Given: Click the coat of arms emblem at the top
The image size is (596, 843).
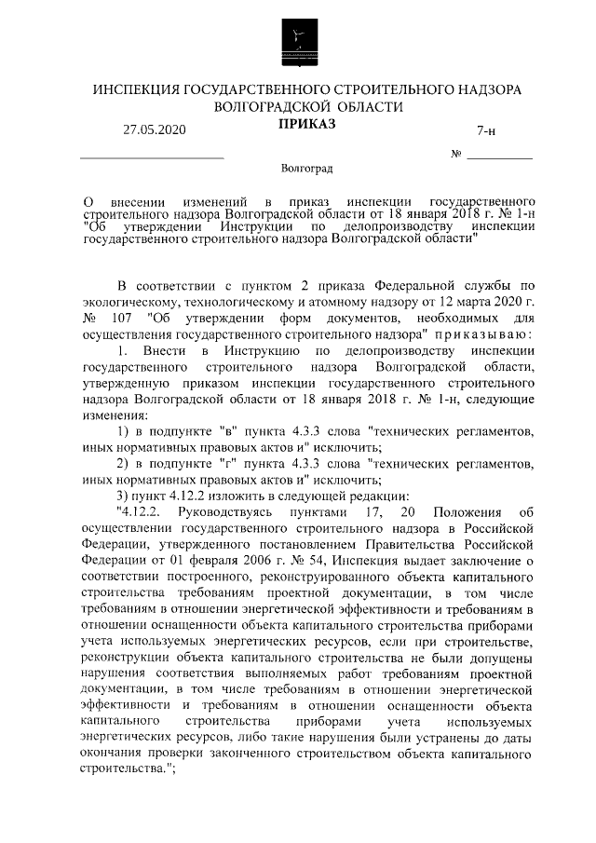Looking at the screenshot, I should [297, 40].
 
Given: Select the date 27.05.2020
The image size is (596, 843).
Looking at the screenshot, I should [155, 130].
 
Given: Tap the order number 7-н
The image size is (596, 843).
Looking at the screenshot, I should [485, 131].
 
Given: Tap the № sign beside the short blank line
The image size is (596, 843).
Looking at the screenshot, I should [456, 153].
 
